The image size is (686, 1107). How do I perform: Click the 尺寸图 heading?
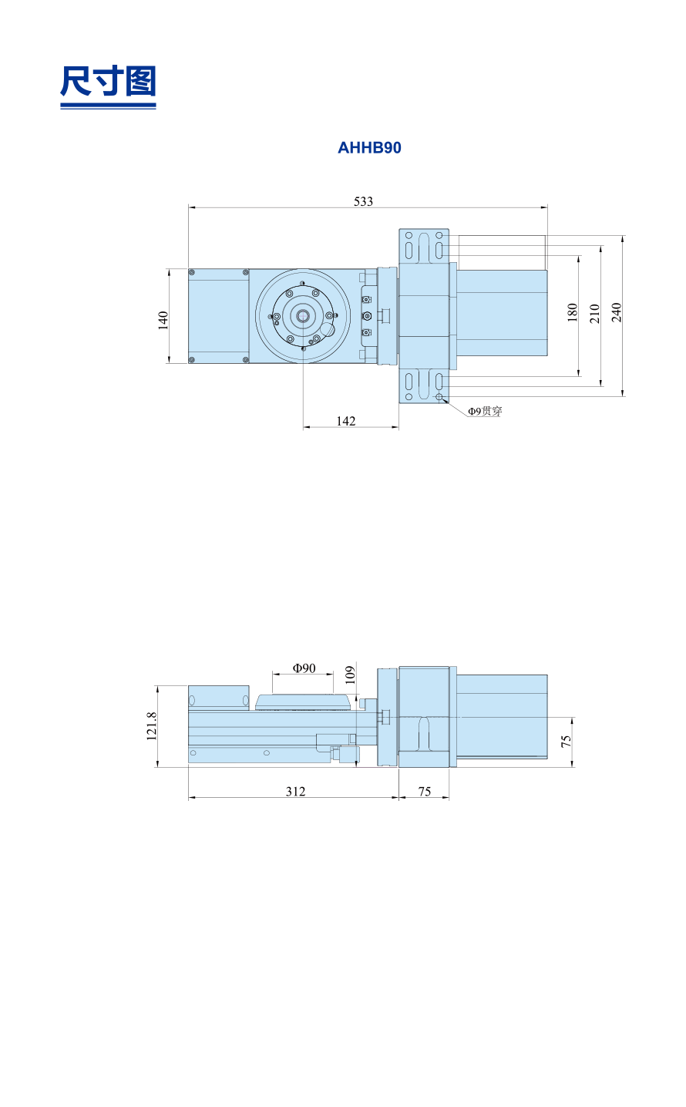point(108,80)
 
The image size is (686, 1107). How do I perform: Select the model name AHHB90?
point(369,148)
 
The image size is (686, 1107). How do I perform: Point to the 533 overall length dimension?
point(363,201)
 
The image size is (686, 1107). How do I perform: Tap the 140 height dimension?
point(163,320)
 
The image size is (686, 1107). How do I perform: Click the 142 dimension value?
point(346,421)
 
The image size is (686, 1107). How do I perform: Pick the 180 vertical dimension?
point(573,312)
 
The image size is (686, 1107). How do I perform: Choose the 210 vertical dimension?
point(594,313)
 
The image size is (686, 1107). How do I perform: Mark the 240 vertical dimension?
point(617,312)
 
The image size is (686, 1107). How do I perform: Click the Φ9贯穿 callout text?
point(485,411)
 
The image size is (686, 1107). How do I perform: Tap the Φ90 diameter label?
point(304,668)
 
